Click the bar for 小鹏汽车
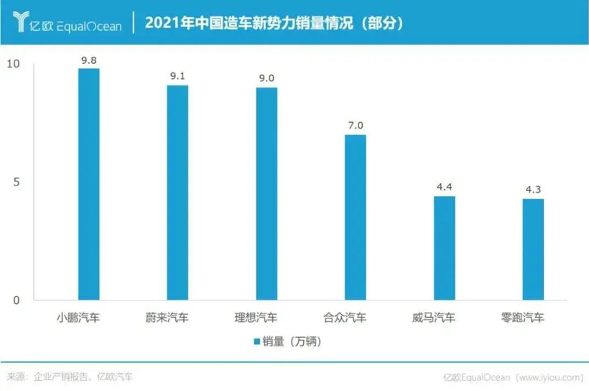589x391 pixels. tap(88, 185)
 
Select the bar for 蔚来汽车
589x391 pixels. tap(177, 193)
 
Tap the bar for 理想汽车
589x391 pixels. tap(266, 194)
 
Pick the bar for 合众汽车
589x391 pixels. tap(355, 218)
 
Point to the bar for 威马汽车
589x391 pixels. tap(444, 248)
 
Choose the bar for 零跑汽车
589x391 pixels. tap(533, 249)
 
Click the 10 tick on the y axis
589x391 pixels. tap(13, 65)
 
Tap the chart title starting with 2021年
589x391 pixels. tap(273, 23)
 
